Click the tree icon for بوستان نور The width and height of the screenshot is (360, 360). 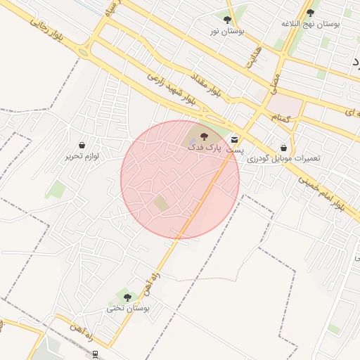[x=226, y=20]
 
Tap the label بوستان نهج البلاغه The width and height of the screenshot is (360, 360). [x=310, y=24]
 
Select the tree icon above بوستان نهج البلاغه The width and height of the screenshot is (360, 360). [x=310, y=13]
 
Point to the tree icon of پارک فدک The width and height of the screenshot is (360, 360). [x=204, y=136]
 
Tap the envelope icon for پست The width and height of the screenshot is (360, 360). [x=234, y=139]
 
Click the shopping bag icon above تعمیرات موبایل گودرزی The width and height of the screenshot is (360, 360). [x=283, y=148]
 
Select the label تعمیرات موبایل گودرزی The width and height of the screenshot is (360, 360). [x=283, y=159]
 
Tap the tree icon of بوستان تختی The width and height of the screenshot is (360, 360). [x=127, y=297]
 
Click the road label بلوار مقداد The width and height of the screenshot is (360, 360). [x=206, y=84]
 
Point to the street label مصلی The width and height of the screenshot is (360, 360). [x=276, y=84]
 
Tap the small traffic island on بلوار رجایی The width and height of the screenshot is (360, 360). [x=84, y=52]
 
